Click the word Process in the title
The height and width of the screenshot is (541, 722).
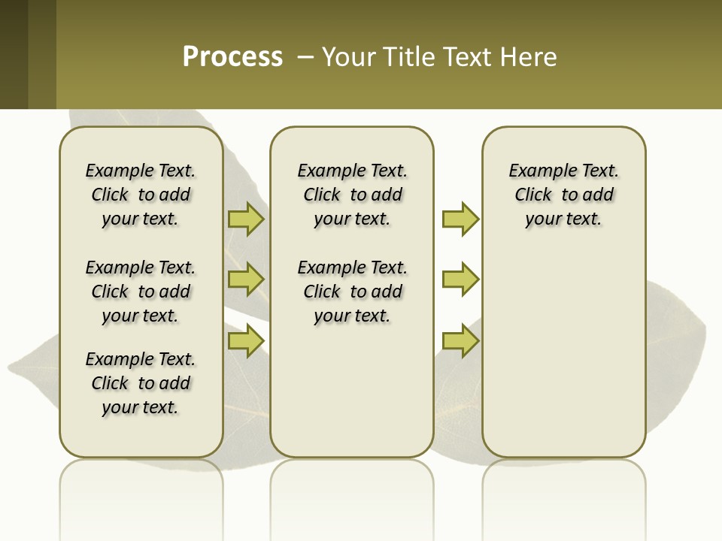(232, 57)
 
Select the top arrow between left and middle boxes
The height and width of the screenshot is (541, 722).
(245, 219)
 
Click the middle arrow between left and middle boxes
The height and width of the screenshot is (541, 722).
(245, 280)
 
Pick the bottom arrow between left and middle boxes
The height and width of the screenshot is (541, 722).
(245, 341)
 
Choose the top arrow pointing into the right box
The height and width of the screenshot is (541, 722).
(460, 219)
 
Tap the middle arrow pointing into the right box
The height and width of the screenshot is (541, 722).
(460, 280)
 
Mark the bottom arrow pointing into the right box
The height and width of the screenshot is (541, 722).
(460, 341)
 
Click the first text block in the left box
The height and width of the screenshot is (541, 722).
(141, 195)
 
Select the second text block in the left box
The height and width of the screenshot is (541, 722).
(141, 292)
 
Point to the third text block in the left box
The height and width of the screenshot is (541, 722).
(141, 383)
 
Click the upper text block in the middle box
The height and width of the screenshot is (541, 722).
(353, 195)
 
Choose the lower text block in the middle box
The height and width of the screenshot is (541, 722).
(353, 292)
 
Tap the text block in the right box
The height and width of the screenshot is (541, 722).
(564, 195)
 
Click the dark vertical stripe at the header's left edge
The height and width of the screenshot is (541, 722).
(14, 54)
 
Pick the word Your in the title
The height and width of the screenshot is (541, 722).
(347, 57)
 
